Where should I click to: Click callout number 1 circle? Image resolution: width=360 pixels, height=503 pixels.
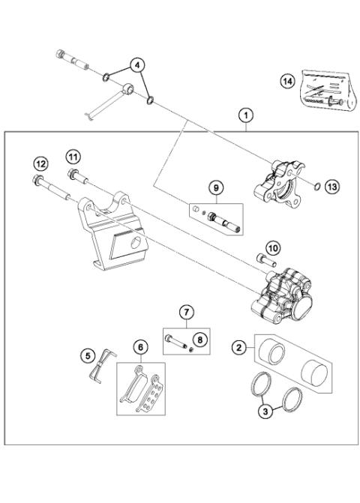pos(246,115)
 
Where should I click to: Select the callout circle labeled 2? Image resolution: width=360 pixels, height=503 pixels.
pos(238,347)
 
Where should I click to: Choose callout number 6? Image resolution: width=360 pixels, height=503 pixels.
pos(139,346)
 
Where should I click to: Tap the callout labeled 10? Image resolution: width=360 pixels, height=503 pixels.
pos(272,247)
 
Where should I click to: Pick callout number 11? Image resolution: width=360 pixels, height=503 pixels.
pos(71,157)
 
